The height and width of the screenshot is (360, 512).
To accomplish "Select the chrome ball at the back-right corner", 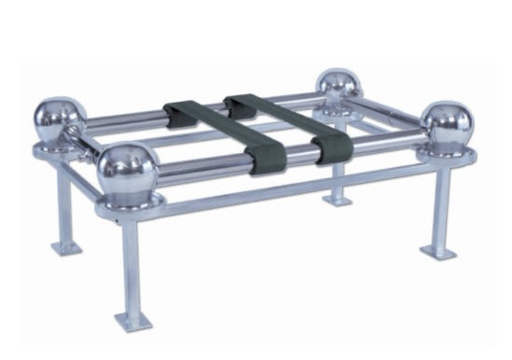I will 339,88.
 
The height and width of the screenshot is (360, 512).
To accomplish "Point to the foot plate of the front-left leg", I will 131,320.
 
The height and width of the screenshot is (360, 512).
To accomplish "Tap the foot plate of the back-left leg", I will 66,247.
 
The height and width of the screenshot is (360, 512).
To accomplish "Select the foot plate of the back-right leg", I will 338,199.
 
